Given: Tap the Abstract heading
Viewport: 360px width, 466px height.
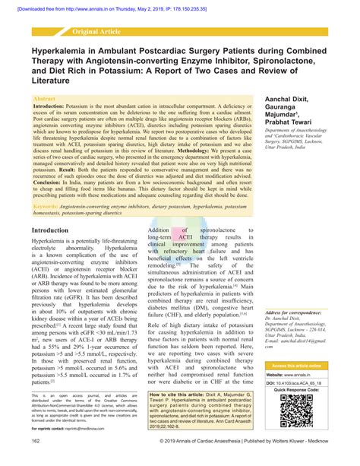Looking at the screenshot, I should (45, 100).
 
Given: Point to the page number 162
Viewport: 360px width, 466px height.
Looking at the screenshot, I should (36, 440).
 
